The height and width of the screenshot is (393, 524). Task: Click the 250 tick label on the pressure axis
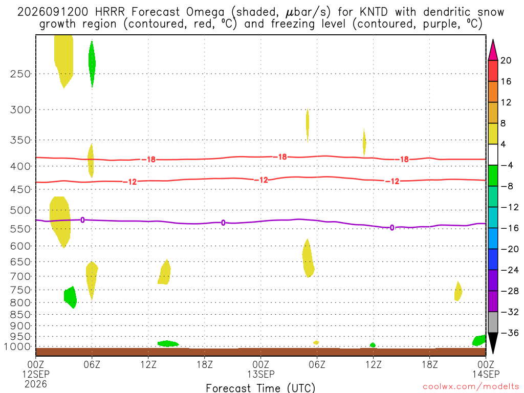coord(20,74)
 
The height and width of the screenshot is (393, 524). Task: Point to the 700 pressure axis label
coord(20,276)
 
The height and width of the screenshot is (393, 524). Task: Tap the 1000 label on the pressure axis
coord(18,346)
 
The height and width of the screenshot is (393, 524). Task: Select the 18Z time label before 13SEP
coord(205,364)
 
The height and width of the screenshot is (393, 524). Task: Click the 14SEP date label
coord(486,374)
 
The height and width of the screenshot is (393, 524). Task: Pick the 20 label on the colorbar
coord(506,60)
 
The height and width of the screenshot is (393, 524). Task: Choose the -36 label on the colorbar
coord(510,333)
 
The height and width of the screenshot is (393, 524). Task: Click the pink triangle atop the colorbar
coord(493,50)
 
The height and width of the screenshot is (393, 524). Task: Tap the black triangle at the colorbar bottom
coord(493,343)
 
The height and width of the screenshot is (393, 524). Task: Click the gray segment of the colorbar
coord(493,322)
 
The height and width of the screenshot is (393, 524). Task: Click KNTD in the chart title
coord(374,12)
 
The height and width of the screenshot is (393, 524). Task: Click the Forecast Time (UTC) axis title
coord(260,388)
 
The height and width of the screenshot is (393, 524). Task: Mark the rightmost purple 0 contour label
coord(392,228)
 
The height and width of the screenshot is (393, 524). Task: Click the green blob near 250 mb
coord(92,63)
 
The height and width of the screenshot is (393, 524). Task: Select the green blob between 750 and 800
coord(71,297)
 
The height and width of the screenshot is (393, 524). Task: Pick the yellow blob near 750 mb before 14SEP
coord(458,291)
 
